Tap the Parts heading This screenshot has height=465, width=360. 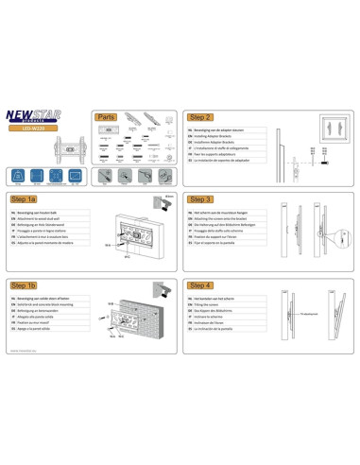107,117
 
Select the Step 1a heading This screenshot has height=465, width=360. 26,200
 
